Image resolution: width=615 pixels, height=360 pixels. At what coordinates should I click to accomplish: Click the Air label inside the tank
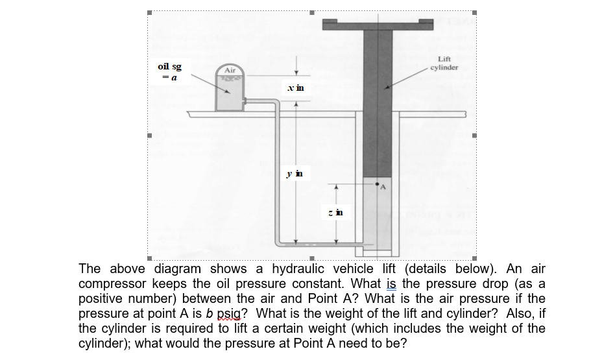230,70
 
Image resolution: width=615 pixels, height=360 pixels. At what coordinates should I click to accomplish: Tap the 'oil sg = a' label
169,72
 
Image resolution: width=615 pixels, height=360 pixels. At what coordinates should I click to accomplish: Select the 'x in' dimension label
296,88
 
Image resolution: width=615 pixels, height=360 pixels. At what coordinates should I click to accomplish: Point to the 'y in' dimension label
295,173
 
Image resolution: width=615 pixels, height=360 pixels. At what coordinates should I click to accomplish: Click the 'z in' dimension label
336,213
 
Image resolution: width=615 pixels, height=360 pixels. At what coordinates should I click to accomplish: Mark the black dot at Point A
378,184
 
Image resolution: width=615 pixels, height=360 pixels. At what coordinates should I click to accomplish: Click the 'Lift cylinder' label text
444,63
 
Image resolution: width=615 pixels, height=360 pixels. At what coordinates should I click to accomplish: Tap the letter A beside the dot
383,187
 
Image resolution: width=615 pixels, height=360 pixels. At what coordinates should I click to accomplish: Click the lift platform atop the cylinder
378,24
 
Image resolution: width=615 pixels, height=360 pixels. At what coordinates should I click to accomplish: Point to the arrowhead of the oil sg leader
228,92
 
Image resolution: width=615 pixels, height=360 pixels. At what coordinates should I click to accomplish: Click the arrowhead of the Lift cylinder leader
387,88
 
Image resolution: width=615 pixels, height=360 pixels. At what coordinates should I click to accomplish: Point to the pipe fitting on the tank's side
245,101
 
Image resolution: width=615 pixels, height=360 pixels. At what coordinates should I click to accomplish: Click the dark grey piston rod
378,103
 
